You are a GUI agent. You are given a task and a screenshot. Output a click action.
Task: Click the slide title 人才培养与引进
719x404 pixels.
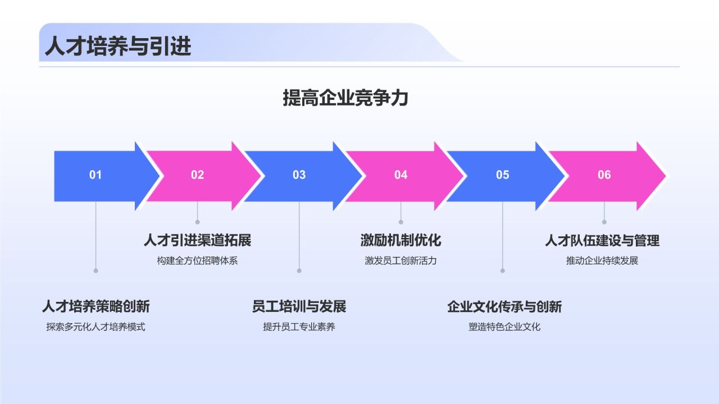[118, 46]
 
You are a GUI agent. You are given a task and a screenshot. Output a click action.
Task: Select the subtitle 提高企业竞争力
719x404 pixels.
[345, 98]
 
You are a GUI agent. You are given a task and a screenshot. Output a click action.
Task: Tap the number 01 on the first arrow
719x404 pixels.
[95, 175]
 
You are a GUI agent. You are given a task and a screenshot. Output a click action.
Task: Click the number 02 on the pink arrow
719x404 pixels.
[197, 175]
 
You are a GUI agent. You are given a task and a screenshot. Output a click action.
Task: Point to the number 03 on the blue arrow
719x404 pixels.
[299, 175]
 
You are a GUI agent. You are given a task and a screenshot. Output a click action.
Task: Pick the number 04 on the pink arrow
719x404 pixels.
[401, 175]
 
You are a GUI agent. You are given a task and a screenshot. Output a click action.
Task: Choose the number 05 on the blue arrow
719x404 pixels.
[502, 175]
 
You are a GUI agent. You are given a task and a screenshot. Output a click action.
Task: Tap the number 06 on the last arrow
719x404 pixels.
[604, 175]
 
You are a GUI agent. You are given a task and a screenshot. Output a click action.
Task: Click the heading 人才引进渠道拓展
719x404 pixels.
[197, 241]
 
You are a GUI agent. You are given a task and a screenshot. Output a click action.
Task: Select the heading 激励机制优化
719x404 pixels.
[401, 241]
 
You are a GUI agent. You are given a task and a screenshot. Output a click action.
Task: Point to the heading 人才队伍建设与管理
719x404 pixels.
[602, 241]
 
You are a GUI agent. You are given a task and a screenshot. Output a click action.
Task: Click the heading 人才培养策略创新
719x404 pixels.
[95, 307]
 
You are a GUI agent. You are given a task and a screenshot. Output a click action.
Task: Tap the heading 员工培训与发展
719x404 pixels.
[299, 307]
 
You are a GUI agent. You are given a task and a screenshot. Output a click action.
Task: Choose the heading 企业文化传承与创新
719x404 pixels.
[504, 307]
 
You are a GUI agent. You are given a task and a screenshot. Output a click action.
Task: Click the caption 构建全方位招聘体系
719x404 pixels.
[197, 261]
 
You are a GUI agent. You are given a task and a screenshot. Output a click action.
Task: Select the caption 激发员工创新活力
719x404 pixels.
[401, 261]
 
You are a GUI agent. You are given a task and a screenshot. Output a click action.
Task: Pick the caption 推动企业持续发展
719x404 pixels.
[602, 261]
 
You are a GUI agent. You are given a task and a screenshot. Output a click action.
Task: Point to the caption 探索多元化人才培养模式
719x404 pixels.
[95, 327]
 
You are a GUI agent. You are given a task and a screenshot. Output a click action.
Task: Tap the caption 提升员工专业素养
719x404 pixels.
[299, 327]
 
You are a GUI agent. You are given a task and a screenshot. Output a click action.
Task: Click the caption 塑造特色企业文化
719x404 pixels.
[504, 327]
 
